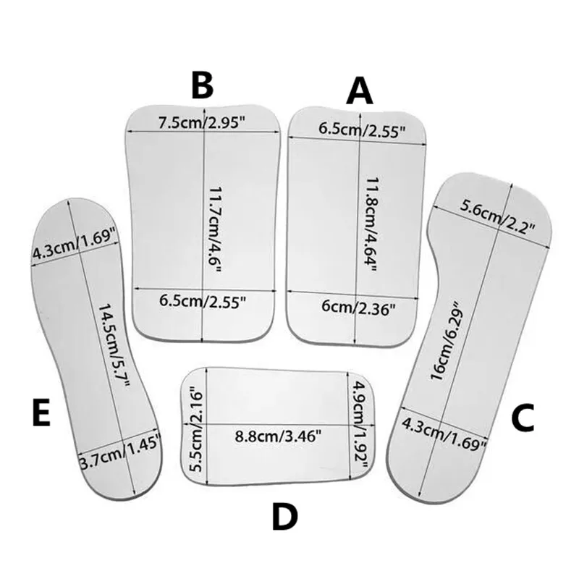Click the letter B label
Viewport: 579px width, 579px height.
pos(203,86)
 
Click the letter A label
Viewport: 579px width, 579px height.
pos(359,91)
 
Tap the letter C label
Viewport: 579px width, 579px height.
pos(523,418)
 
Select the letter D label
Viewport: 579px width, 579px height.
pos(284,517)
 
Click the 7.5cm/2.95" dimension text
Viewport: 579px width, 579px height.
pos(202,123)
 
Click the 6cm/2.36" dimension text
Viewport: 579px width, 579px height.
pos(358,307)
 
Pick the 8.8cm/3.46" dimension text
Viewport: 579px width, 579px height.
pos(279,436)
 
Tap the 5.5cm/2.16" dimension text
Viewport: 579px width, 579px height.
pos(196,429)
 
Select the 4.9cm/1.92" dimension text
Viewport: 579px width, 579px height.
pos(359,424)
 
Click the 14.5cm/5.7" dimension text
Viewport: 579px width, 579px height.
pos(114,345)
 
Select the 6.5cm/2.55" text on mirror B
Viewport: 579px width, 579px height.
pos(203,301)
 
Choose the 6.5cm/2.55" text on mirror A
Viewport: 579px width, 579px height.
pos(363,130)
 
